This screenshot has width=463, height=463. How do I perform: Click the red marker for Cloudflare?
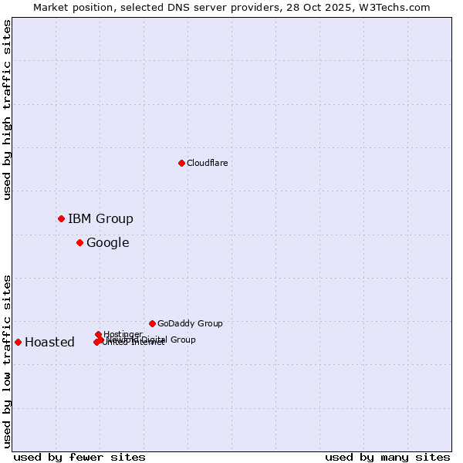click(181, 163)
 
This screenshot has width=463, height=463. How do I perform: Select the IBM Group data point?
click(61, 218)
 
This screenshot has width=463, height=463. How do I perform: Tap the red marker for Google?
click(79, 242)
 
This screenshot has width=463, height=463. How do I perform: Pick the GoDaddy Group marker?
click(152, 323)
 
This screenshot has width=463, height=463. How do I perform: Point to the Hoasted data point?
click(18, 342)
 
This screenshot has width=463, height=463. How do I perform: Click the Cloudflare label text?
click(207, 163)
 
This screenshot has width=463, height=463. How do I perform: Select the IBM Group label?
click(100, 218)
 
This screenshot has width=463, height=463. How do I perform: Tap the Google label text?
click(107, 243)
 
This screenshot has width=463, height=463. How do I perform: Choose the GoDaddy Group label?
click(190, 323)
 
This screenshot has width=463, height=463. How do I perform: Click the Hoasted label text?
click(49, 343)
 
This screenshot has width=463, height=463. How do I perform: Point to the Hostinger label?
click(123, 334)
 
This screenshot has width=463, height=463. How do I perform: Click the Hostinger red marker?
click(98, 334)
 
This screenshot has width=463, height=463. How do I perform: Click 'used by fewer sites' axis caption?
click(79, 457)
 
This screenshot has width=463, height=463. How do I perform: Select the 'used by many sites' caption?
click(387, 457)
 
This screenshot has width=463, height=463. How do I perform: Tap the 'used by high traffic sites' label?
click(7, 110)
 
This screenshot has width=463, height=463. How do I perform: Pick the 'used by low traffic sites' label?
click(7, 361)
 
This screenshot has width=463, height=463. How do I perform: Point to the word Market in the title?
click(50, 7)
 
